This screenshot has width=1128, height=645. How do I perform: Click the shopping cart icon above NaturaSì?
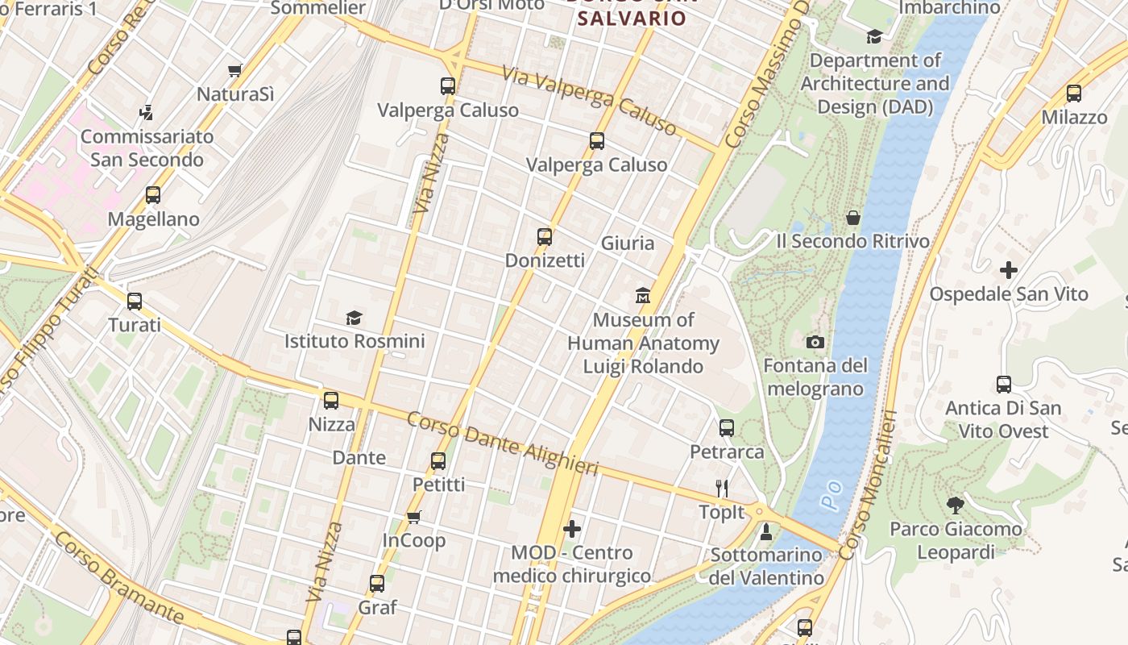pos(234,71)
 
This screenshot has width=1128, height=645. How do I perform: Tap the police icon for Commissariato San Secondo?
pos(146,112)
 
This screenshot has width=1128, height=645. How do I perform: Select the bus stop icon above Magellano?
pos(153,195)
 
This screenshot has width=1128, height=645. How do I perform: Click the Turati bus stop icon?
pos(135,302)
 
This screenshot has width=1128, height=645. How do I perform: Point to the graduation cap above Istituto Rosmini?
pos(354,318)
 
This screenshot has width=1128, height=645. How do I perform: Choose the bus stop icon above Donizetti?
pos(545,237)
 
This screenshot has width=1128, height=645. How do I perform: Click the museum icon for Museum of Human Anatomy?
pos(643,296)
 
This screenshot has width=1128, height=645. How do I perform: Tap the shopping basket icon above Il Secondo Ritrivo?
pos(852,218)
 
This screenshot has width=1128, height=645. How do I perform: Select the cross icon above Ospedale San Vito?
pos(1008,270)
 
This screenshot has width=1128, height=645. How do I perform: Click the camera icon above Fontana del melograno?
pos(815,343)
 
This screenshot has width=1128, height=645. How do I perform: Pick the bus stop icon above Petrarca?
pos(727,428)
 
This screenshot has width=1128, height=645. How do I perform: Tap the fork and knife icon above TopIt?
pos(722,488)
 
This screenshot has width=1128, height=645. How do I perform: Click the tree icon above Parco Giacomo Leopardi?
pos(956,506)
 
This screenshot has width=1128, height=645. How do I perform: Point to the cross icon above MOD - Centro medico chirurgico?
pos(572,529)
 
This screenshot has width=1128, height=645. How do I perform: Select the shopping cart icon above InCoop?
pos(414,517)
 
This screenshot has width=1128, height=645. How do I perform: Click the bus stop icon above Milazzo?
pos(1073,94)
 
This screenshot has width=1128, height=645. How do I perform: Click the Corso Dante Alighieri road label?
pos(503,443)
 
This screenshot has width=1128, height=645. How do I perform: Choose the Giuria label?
pos(628,243)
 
